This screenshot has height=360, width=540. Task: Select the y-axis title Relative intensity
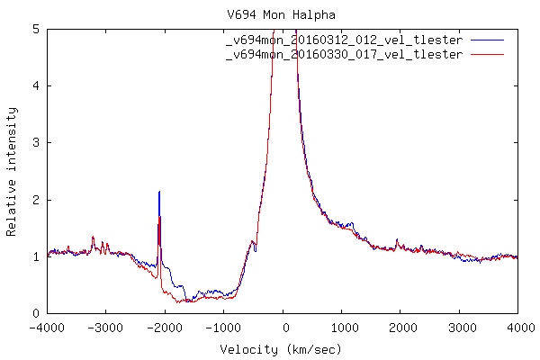[x=12, y=171]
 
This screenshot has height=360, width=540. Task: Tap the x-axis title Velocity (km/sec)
[x=282, y=348]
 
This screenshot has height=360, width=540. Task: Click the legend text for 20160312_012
[x=345, y=41]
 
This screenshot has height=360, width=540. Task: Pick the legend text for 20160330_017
[x=345, y=55]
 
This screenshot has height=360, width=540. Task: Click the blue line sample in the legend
[x=486, y=41]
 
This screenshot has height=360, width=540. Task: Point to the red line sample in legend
[x=486, y=55]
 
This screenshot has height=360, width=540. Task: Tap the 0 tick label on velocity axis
[x=284, y=327]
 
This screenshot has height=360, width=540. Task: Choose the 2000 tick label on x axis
[x=400, y=327]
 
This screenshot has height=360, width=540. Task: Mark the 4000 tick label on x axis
[x=517, y=327]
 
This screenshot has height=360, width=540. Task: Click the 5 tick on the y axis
[x=36, y=29]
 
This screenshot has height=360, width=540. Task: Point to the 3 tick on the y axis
[x=36, y=143]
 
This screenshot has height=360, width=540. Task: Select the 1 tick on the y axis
[x=36, y=256]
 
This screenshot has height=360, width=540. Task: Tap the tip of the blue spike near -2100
[x=159, y=191]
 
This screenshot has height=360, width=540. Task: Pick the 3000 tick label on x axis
[x=459, y=327]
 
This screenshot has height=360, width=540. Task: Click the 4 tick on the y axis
[x=36, y=85]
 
